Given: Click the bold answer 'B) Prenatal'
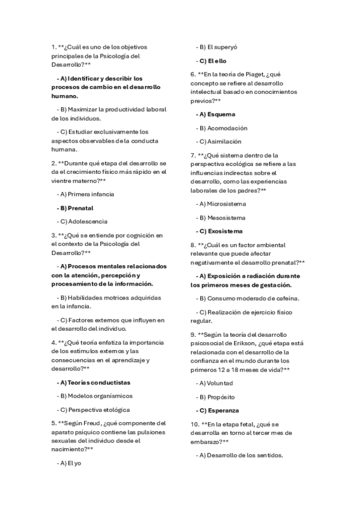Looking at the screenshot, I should click(x=76, y=208).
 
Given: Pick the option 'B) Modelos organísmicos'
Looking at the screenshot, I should click(x=94, y=396).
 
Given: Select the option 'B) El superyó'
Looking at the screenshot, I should click(x=217, y=47).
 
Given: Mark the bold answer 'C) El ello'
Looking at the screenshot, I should click(x=212, y=61).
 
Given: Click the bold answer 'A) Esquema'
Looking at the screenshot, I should click(x=216, y=114).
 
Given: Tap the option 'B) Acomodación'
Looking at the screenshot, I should click(x=222, y=128).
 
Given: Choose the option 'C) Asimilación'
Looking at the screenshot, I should click(x=219, y=141).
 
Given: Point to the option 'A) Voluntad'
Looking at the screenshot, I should click(x=215, y=383).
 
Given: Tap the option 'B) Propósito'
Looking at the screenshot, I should click(x=216, y=397).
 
